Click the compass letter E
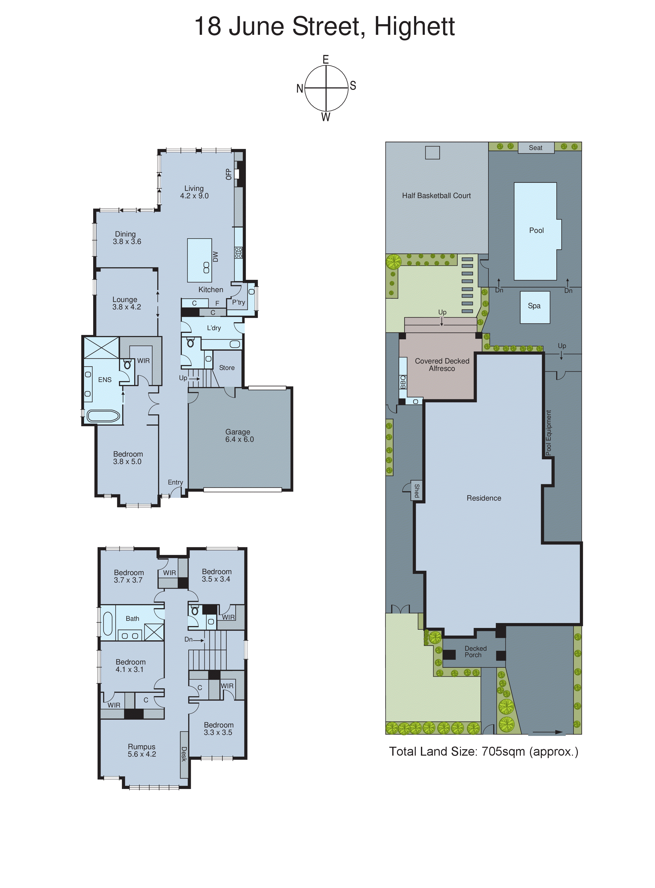click(326, 60)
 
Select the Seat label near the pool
click(535, 148)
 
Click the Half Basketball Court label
click(436, 196)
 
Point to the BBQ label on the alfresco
click(403, 382)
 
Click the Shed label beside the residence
click(417, 491)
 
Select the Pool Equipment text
click(548, 432)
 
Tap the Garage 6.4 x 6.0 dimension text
click(240, 439)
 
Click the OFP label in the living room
click(228, 174)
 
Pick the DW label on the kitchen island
click(215, 257)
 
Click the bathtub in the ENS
click(103, 416)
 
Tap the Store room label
click(227, 368)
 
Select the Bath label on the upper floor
click(132, 618)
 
